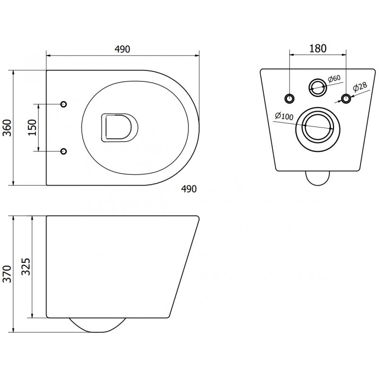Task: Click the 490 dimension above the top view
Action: pyautogui.click(x=122, y=49)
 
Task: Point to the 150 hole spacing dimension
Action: pyautogui.click(x=32, y=128)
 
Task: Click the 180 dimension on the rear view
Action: pyautogui.click(x=318, y=49)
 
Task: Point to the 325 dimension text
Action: pyautogui.click(x=26, y=267)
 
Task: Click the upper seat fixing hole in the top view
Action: pyautogui.click(x=64, y=104)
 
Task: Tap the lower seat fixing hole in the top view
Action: pyautogui.click(x=64, y=151)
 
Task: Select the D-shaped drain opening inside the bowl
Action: pyautogui.click(x=119, y=128)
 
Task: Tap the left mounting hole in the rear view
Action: pyautogui.click(x=289, y=98)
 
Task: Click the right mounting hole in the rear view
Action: pyautogui.click(x=346, y=98)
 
